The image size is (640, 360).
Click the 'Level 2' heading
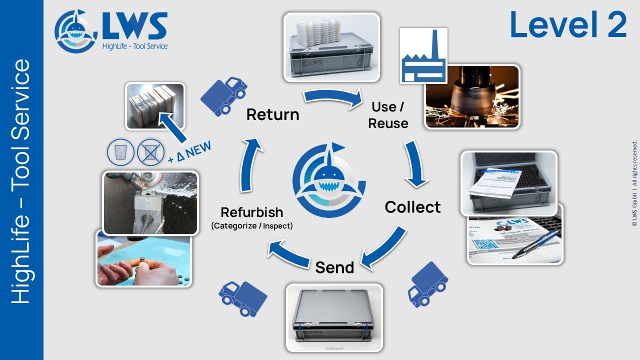(x=568, y=25)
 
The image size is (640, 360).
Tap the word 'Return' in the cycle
(x=272, y=114)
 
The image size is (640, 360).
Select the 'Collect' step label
(x=412, y=207)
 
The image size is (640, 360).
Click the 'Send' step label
(x=334, y=267)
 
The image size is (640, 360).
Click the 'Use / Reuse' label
(x=388, y=115)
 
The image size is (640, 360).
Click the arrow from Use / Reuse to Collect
(x=416, y=163)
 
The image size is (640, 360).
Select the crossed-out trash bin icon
(x=150, y=152)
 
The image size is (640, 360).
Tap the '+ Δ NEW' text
(x=189, y=152)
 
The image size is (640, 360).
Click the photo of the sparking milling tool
(x=472, y=96)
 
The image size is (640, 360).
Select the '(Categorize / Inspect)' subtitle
(x=251, y=226)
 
